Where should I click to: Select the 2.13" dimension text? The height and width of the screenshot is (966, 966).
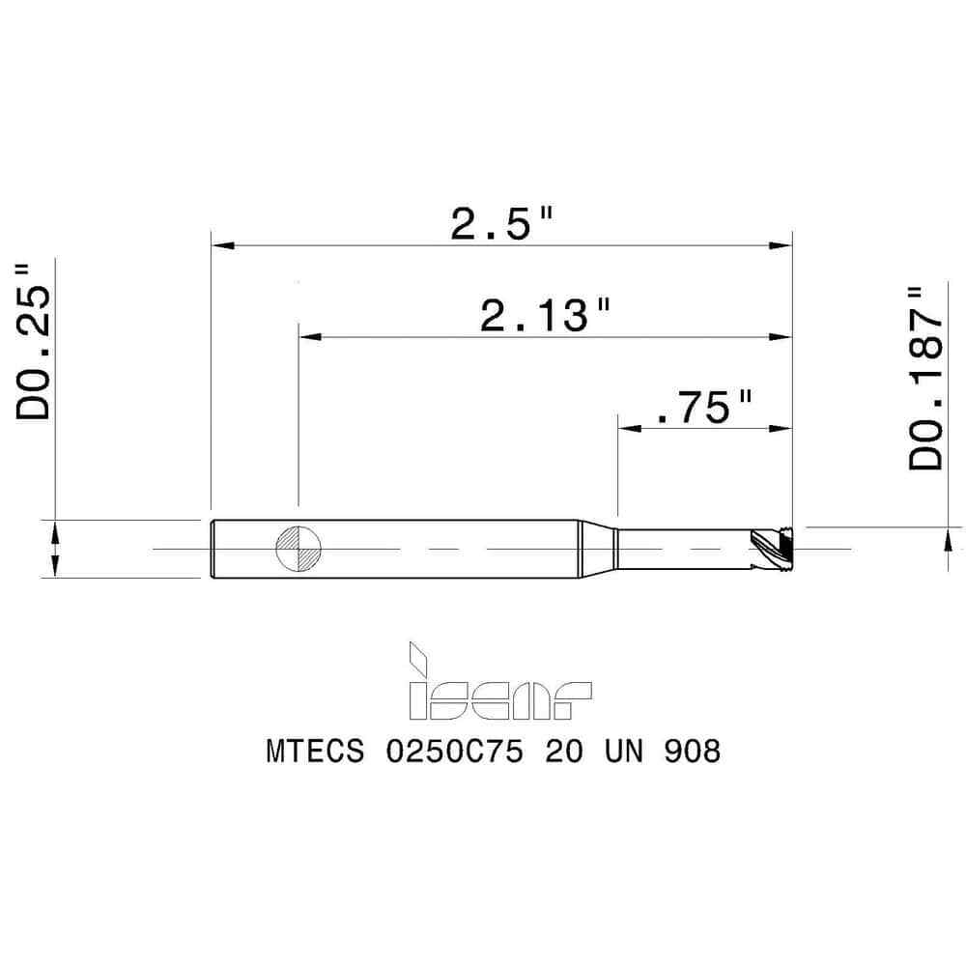point(546,316)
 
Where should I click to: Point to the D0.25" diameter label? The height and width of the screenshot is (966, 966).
point(35,339)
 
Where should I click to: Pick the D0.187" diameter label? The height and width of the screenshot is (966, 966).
point(925,378)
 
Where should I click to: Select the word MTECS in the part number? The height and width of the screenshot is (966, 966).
point(315,752)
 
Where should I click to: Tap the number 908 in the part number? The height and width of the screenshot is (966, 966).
point(692,752)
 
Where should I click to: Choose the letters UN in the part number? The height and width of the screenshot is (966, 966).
point(618,752)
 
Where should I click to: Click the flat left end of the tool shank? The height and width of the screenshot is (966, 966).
point(213,549)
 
